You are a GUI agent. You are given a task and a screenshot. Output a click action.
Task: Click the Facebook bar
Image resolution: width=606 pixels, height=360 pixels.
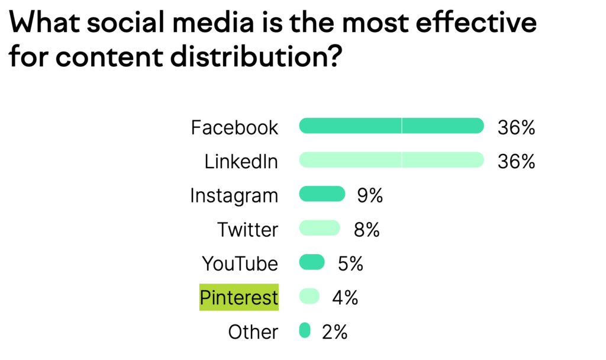click(x=392, y=126)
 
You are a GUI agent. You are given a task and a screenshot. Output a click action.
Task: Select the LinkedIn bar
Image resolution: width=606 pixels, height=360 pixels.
click(x=392, y=160)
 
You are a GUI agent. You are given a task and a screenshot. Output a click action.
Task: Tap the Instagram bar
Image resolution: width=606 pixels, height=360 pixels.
click(x=323, y=194)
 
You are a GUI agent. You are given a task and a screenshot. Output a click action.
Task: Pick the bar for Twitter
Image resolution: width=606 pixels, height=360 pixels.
click(x=320, y=228)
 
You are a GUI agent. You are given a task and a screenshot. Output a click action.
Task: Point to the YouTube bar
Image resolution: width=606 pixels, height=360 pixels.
click(x=312, y=262)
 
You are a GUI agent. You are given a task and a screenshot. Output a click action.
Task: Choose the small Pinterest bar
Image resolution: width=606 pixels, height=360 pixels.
click(x=310, y=296)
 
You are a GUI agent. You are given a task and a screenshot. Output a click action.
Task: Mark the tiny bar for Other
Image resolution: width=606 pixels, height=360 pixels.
click(x=305, y=330)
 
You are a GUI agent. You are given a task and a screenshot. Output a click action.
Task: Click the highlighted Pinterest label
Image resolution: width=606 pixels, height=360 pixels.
click(x=239, y=297)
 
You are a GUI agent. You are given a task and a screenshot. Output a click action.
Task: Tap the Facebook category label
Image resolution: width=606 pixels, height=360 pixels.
click(x=234, y=127)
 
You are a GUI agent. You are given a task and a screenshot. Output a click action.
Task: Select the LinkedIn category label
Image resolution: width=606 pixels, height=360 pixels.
click(x=241, y=161)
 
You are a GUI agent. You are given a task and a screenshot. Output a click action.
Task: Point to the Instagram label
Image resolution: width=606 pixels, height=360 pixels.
click(x=234, y=195)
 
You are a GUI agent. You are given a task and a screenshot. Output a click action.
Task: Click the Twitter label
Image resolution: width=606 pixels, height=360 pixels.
click(x=247, y=229)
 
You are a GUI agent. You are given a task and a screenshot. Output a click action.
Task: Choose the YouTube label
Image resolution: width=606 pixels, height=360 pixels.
click(x=240, y=263)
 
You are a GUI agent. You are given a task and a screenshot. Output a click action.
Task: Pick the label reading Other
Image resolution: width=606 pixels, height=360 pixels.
click(x=253, y=332)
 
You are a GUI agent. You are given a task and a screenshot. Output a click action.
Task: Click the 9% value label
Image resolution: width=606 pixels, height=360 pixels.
click(x=370, y=195)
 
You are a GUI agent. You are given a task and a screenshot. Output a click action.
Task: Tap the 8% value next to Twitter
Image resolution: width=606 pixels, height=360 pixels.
click(x=366, y=229)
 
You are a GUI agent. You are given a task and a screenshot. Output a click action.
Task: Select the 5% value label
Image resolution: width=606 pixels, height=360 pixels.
click(x=350, y=263)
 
